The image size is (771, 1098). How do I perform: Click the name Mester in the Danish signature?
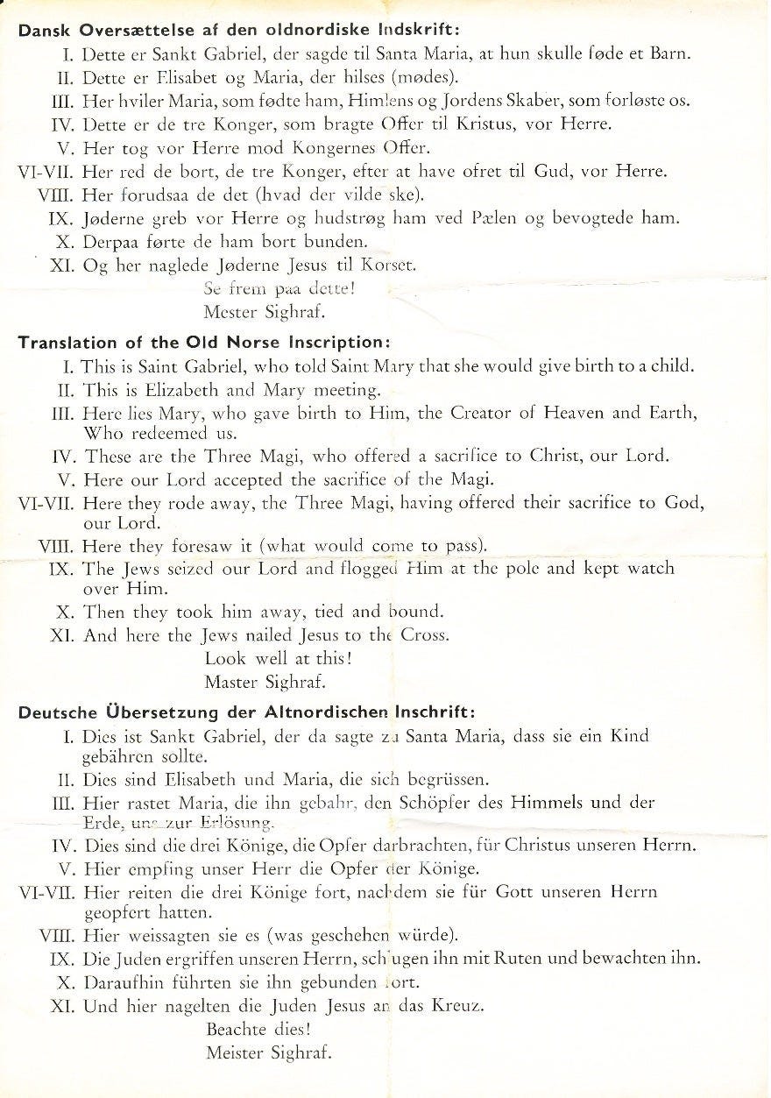pos(230,311)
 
